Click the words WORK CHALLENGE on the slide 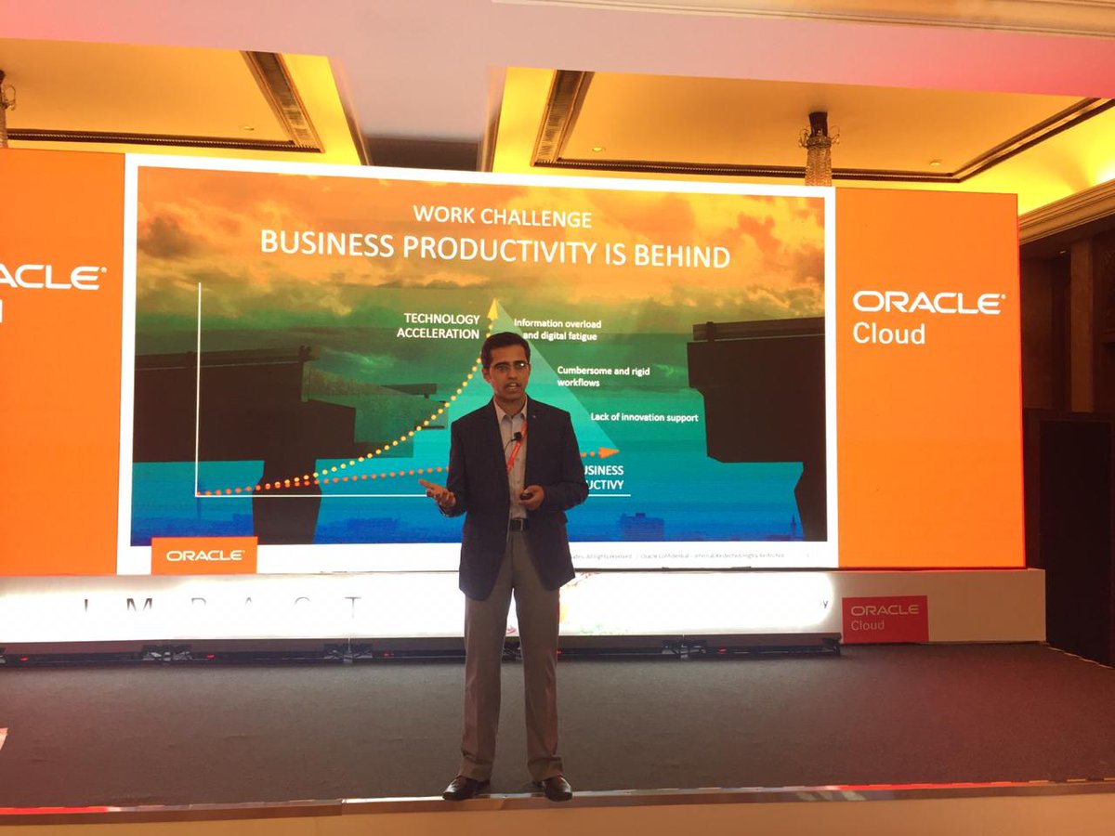point(502,218)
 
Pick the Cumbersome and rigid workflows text point(603,376)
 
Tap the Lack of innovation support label point(644,417)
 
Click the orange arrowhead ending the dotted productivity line point(609,452)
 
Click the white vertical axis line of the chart point(198,390)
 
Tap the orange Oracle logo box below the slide point(203,555)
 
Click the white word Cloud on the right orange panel point(888,334)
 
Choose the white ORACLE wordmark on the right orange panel point(927,303)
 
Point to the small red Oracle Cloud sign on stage point(884,618)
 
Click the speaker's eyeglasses point(506,366)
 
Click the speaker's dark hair point(505,344)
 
